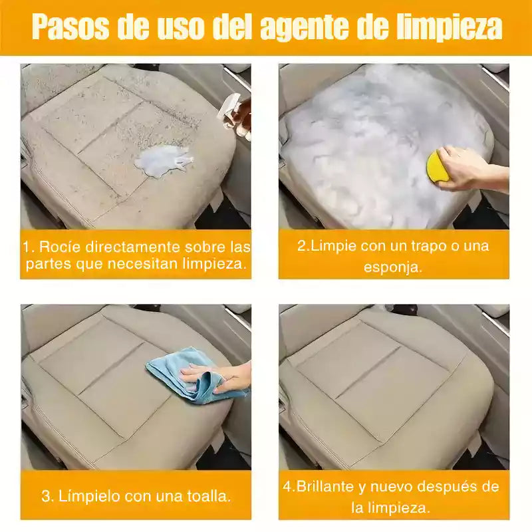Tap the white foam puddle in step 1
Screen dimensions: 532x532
(x=164, y=160)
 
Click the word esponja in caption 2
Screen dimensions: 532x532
(x=393, y=267)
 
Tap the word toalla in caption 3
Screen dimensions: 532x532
(x=209, y=496)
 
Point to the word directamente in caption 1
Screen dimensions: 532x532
(x=132, y=247)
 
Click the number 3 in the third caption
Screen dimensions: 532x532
(x=46, y=496)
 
